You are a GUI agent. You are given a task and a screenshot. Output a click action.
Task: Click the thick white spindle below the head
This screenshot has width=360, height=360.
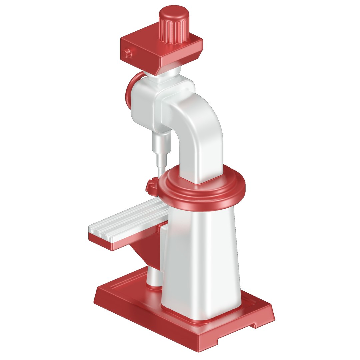161,142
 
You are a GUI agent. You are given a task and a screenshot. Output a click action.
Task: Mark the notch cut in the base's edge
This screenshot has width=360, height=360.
255,324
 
